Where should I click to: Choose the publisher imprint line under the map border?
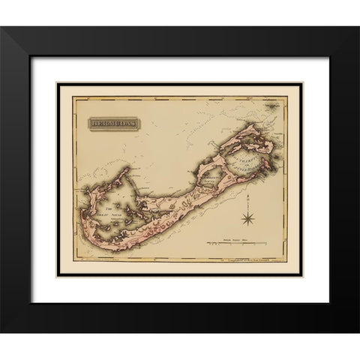point(247,263)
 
